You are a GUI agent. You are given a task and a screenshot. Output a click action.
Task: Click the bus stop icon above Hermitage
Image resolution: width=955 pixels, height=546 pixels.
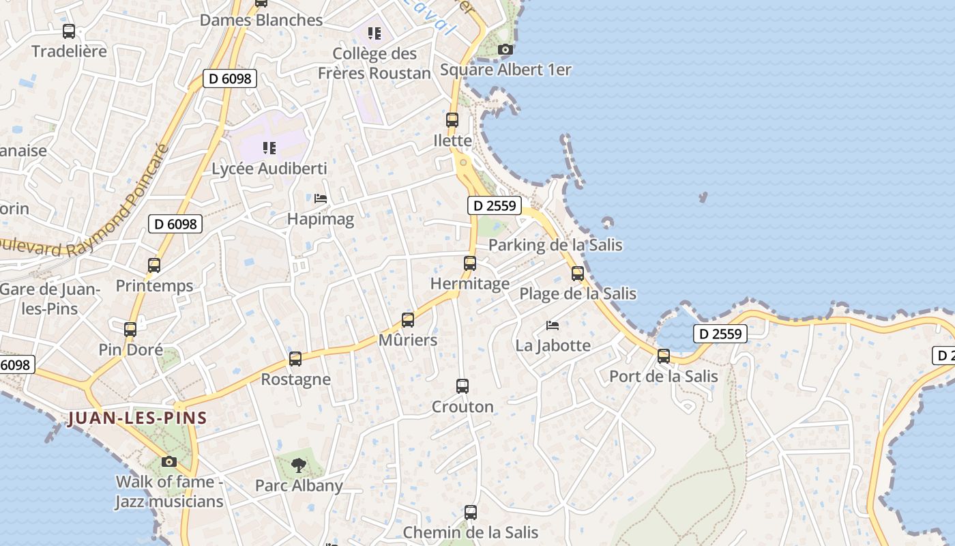(470, 263)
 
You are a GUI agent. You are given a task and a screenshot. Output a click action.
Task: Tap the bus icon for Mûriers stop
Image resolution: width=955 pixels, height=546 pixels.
(408, 319)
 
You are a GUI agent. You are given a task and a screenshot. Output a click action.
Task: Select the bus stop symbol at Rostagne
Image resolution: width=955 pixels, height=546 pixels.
(295, 358)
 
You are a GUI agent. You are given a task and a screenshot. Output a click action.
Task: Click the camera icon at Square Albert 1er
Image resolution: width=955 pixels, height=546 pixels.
(505, 49)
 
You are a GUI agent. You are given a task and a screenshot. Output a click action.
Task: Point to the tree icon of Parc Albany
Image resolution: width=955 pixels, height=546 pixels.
(298, 465)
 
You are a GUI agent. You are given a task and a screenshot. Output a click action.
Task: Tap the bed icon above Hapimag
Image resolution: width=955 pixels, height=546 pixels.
(321, 199)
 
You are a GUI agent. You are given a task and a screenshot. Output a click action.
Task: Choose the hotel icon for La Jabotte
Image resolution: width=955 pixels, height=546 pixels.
(553, 325)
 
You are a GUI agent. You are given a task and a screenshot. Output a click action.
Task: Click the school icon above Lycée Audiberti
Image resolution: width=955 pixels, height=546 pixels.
(269, 147)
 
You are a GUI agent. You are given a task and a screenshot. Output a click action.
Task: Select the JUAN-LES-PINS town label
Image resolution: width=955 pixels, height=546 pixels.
(137, 418)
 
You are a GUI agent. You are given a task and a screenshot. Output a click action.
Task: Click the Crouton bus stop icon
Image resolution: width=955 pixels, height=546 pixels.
(462, 386)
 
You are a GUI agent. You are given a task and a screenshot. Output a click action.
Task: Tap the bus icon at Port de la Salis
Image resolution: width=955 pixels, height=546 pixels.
(664, 356)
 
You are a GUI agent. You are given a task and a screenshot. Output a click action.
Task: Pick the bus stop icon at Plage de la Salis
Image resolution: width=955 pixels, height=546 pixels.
(578, 273)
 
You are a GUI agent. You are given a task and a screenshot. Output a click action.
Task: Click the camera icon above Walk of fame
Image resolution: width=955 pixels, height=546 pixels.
(169, 461)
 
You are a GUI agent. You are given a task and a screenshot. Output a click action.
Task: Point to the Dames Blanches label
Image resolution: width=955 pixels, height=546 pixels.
(261, 20)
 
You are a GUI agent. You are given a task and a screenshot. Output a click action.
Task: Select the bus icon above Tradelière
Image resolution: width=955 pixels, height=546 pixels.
(69, 31)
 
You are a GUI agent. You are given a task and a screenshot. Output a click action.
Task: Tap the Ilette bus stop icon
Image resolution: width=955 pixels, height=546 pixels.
(452, 120)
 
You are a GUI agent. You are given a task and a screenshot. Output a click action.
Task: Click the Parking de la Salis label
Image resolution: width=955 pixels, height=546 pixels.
(555, 244)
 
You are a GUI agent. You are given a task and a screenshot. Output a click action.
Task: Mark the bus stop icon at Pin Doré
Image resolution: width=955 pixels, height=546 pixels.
(130, 329)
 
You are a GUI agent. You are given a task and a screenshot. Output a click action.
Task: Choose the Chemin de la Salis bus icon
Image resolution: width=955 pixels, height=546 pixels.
(471, 512)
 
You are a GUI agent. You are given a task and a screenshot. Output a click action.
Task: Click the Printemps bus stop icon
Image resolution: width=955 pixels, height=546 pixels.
(154, 265)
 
